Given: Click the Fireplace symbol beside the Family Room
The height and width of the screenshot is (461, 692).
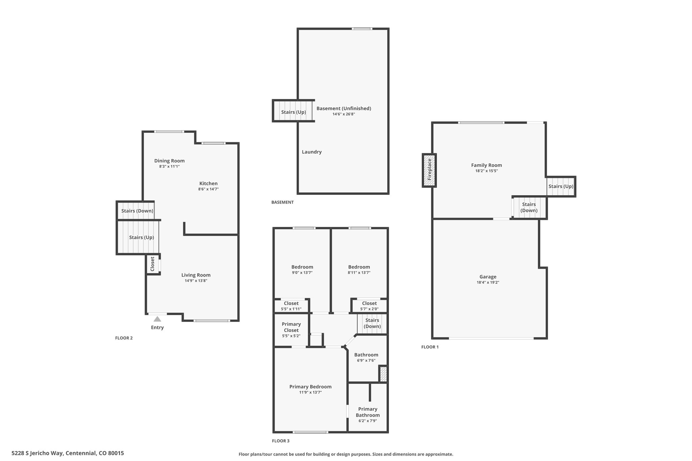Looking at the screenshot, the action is [429, 170].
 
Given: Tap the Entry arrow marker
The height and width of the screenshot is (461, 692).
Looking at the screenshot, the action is [157, 319].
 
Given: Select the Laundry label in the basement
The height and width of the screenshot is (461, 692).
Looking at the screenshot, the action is [312, 152].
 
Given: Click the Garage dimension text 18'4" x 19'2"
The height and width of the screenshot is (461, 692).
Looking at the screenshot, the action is [488, 282].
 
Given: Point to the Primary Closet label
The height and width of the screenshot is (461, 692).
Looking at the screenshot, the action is [291, 327].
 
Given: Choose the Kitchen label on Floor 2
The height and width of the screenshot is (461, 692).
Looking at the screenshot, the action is [208, 183].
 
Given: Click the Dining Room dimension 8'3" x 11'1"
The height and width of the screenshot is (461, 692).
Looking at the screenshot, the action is [169, 166].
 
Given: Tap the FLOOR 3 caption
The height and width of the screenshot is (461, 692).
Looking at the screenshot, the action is [281, 441].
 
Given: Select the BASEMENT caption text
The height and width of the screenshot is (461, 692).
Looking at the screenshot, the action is [282, 202].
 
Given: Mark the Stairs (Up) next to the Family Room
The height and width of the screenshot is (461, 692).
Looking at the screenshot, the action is [561, 186].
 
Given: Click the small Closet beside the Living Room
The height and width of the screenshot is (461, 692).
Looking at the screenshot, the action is [152, 264].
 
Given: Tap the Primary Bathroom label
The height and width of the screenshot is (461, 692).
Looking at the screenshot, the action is [368, 412].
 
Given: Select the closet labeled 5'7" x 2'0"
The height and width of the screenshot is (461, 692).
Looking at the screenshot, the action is [369, 306].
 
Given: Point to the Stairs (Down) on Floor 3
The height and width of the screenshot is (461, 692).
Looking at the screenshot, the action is [372, 323].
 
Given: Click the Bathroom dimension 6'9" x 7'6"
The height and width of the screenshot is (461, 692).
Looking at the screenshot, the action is [366, 360].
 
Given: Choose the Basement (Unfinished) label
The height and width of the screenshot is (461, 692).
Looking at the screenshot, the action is [344, 108].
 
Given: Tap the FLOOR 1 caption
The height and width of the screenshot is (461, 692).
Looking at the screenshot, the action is [430, 347].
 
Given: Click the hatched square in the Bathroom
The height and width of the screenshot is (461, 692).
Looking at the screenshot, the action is [383, 374].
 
